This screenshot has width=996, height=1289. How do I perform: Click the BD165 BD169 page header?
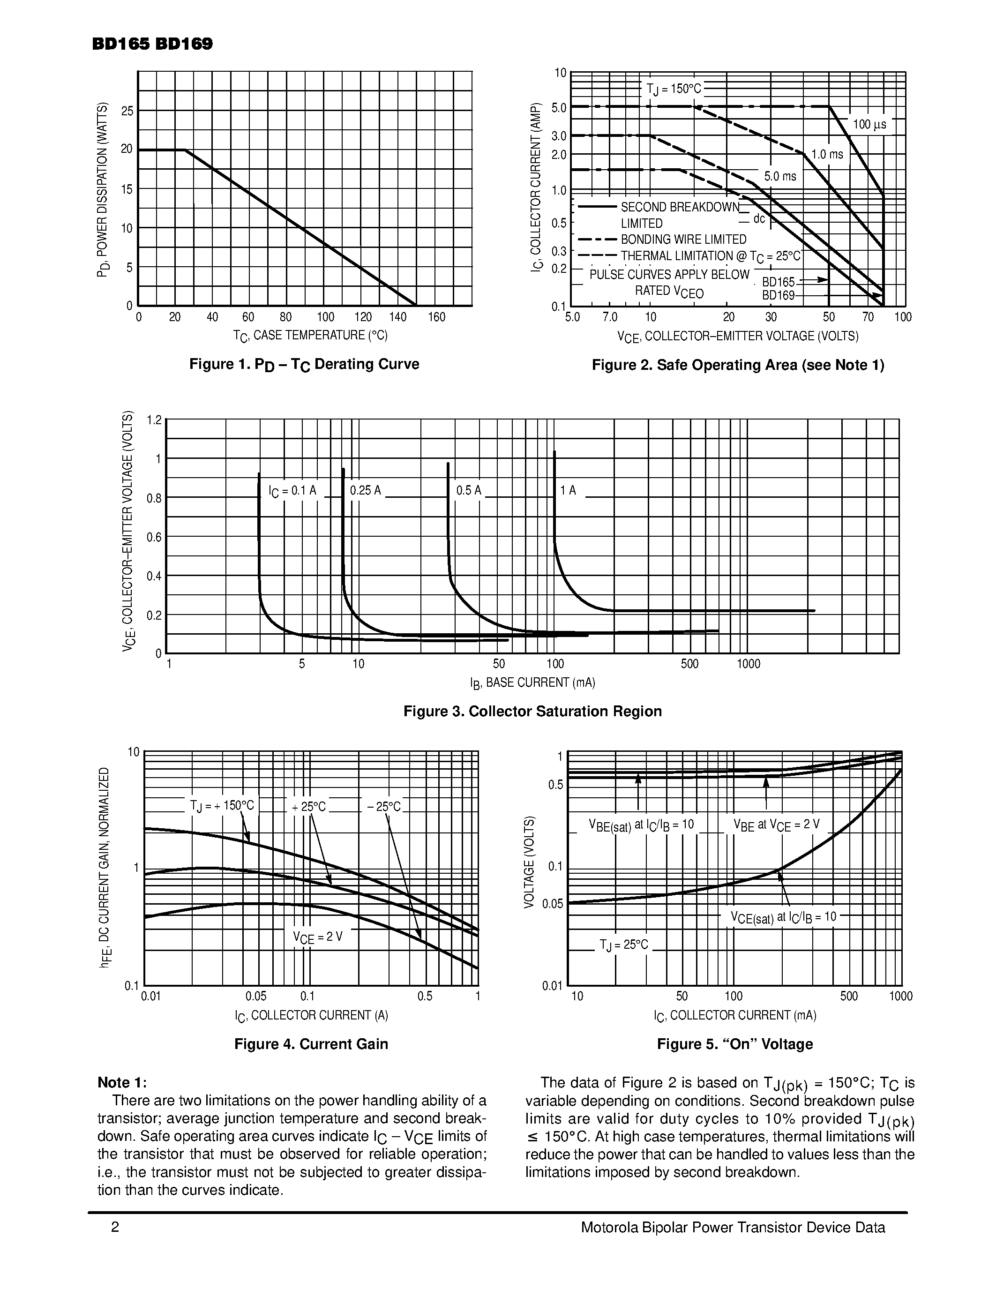click(x=152, y=44)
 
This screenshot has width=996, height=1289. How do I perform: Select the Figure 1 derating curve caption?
click(x=304, y=364)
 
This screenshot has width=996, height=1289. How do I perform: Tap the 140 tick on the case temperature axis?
click(x=398, y=317)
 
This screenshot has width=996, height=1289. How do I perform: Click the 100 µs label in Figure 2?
click(x=869, y=125)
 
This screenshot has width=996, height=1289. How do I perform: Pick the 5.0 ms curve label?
click(x=779, y=176)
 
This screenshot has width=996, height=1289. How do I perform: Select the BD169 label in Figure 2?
click(x=778, y=295)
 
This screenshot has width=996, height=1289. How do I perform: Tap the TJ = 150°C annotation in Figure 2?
click(x=673, y=89)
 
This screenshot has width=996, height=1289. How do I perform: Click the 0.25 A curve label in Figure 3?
click(x=365, y=490)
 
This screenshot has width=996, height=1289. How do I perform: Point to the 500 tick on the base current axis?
click(x=689, y=664)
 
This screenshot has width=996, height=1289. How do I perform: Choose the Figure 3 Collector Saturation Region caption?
click(x=532, y=711)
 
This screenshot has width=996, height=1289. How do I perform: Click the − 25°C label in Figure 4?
click(x=383, y=807)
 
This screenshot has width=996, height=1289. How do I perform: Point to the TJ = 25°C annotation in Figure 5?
click(x=624, y=945)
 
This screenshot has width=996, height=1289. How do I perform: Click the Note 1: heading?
click(x=121, y=1082)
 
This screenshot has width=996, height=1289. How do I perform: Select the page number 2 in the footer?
click(x=115, y=1228)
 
